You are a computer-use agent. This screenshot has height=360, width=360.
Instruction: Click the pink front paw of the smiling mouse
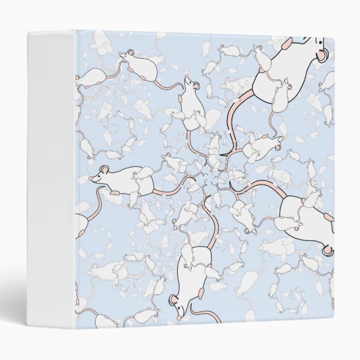115,193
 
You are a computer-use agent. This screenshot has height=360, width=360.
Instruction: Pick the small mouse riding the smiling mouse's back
143,182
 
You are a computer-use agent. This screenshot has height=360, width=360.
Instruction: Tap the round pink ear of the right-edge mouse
326,249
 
